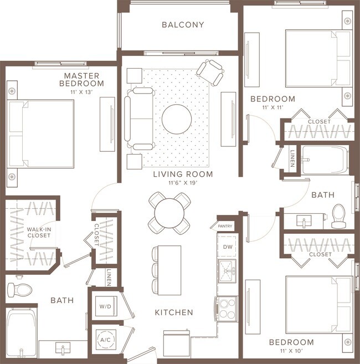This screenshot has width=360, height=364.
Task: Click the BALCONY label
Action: point(183,25)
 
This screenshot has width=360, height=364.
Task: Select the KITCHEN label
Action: point(174,312)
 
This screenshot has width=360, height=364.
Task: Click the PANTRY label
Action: point(225,226)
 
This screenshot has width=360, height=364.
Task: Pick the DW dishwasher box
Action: point(227,247)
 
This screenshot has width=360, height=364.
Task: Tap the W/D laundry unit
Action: point(104,305)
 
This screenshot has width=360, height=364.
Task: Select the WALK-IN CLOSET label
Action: point(39,232)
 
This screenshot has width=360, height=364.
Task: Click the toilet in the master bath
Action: point(19,289)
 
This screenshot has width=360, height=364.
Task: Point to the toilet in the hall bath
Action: point(339,215)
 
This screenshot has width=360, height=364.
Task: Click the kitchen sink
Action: point(227,270)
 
